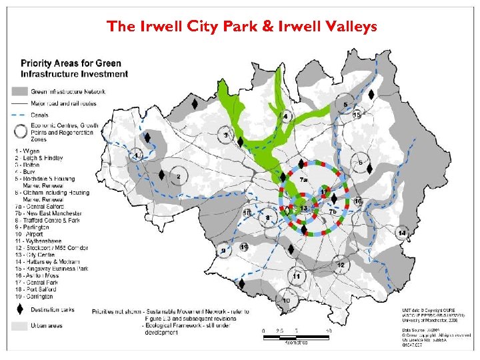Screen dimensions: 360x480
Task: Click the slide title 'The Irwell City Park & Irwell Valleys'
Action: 241,27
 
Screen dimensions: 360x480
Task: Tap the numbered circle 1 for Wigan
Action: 137,156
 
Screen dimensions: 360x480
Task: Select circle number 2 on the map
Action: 179,177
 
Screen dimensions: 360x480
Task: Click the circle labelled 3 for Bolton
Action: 226,135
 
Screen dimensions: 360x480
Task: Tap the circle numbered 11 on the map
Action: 296,276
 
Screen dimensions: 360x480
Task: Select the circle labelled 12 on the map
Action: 341,265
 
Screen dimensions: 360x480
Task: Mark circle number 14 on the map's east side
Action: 402,233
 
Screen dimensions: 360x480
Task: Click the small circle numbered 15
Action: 357,115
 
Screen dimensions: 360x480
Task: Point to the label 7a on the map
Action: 303,180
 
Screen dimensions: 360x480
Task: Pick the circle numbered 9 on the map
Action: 223,251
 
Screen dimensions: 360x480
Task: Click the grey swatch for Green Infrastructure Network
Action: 19,91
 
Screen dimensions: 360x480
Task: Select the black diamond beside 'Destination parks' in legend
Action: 19,309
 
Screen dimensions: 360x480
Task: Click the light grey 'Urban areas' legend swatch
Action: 19,326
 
